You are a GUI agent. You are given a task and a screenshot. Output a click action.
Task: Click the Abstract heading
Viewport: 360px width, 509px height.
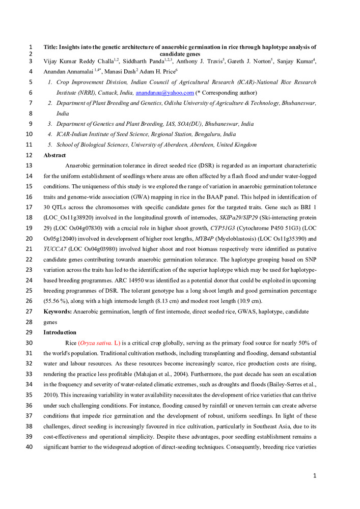[54, 155]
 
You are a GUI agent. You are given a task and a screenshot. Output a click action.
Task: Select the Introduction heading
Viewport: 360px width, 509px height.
[60, 332]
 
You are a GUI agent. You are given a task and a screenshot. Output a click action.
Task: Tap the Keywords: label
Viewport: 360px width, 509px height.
[58, 311]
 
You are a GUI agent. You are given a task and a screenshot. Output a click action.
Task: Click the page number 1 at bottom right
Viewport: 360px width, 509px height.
[315, 475]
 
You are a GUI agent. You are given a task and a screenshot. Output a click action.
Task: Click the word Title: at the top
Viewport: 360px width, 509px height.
[52, 46]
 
